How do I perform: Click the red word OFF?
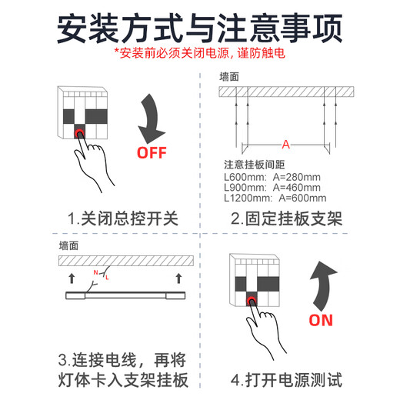[x=152, y=153]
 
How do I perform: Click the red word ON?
[x=321, y=320]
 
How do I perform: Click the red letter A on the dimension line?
[x=285, y=145]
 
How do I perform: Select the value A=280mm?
[x=297, y=177]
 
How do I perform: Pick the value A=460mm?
[x=297, y=188]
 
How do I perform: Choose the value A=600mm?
[x=302, y=198]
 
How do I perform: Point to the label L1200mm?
[x=248, y=198]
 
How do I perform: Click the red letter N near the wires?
[x=95, y=272]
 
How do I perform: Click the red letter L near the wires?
[x=107, y=278]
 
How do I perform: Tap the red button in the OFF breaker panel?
[x=79, y=133]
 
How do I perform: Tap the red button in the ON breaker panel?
[x=252, y=301]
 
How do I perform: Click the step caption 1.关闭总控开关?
[x=123, y=218]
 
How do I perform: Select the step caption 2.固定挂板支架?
[x=286, y=218]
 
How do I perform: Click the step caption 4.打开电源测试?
[x=286, y=380]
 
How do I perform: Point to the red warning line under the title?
[x=199, y=53]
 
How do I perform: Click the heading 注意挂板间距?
[x=255, y=165]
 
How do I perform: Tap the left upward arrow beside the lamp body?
[x=72, y=278]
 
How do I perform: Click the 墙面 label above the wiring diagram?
[x=68, y=245]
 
